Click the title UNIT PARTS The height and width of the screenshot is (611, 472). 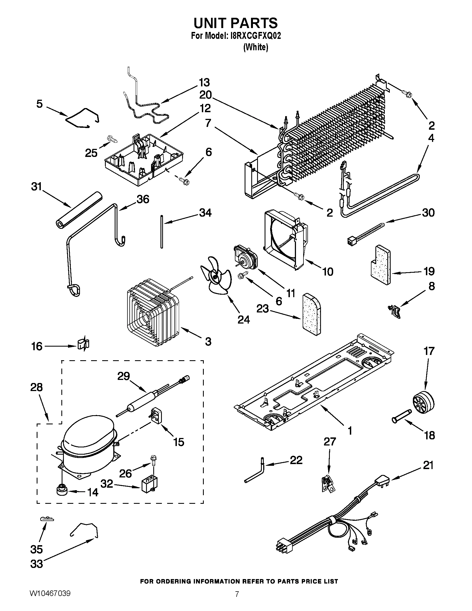[x=236, y=23]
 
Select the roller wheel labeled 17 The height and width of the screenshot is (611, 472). [x=423, y=402]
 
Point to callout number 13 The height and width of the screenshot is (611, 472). [x=204, y=83]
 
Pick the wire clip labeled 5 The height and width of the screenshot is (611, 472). [x=82, y=118]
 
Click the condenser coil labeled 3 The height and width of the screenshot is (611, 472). [x=152, y=312]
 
